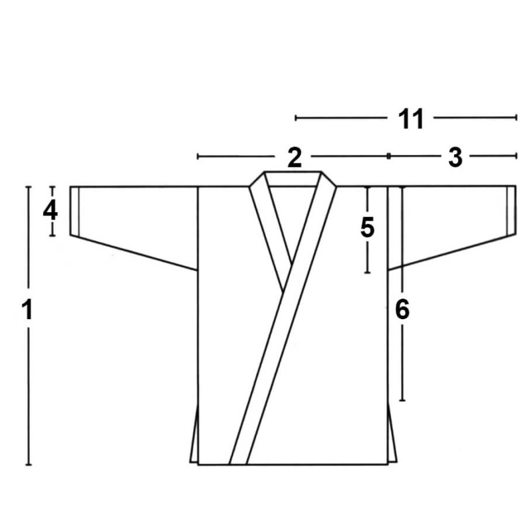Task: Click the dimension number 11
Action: [411, 119]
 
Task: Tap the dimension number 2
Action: [294, 158]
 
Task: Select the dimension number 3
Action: [456, 158]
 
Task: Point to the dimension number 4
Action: [51, 211]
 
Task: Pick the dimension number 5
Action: [368, 227]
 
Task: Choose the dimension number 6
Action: [402, 310]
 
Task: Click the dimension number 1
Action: [27, 309]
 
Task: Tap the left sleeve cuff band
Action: [74, 211]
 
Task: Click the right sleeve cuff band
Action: [511, 210]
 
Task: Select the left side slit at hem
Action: [194, 434]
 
